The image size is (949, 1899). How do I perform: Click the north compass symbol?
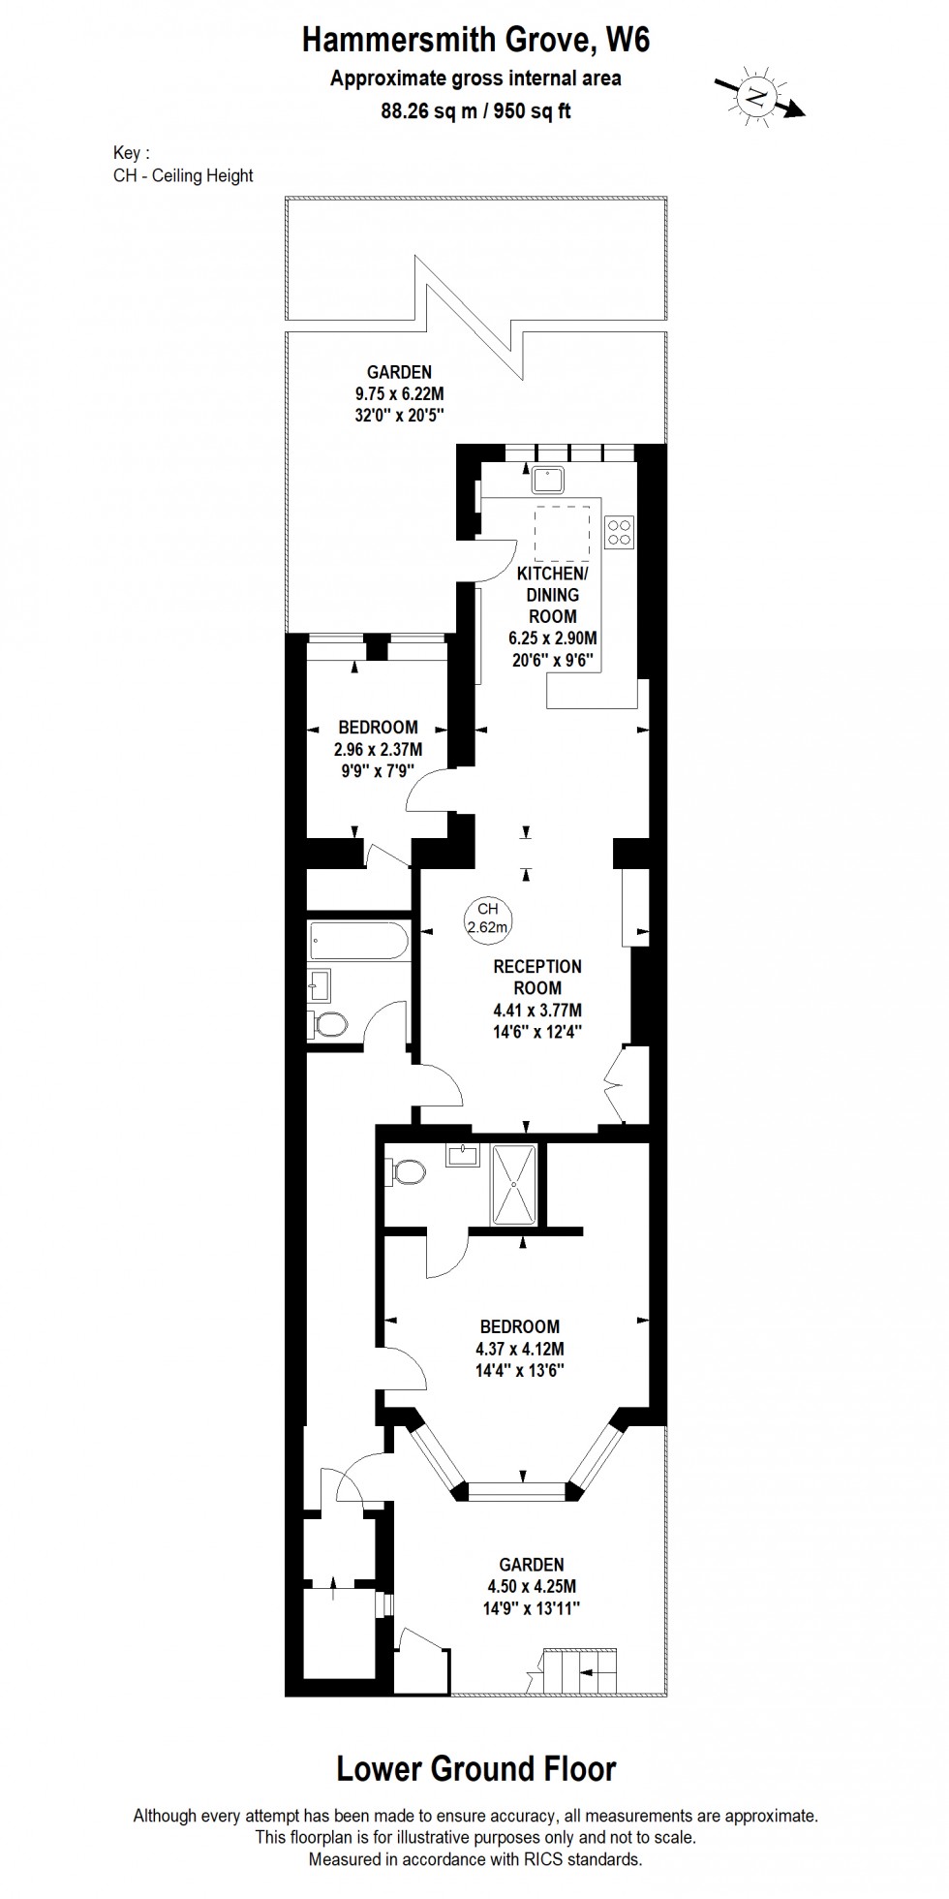point(758,95)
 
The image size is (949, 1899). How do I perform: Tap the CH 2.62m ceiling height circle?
point(487,918)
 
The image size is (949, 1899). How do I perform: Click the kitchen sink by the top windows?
point(549,478)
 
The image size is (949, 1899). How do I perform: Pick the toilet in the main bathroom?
point(330,1024)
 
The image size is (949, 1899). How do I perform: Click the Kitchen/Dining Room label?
point(553,594)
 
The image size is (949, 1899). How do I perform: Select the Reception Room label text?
point(537,977)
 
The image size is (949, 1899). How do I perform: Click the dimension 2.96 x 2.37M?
point(378,749)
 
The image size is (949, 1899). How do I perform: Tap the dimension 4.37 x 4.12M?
point(520,1349)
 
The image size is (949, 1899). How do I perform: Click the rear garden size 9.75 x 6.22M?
point(399,394)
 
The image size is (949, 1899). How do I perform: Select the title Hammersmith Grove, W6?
point(475,40)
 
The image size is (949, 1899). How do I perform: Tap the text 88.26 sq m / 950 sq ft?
point(475,110)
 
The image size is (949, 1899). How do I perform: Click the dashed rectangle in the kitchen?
point(565,532)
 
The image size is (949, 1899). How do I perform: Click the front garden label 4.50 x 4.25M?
point(532,1586)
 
